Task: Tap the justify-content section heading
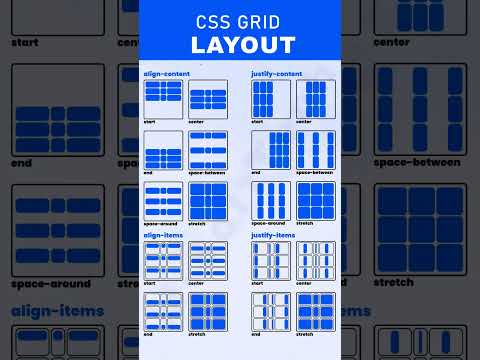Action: [277, 73]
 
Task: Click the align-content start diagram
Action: [163, 99]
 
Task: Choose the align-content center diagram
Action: [208, 99]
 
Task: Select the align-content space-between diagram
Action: [208, 150]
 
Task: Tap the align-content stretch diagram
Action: [208, 200]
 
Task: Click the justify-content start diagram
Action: [271, 99]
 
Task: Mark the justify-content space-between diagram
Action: [316, 150]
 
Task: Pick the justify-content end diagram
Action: [271, 150]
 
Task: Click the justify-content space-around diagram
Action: [271, 200]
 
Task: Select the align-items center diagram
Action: [208, 261]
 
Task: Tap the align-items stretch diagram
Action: [208, 312]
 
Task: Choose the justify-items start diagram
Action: [271, 261]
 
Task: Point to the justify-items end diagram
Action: [271, 312]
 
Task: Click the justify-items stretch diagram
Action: [316, 312]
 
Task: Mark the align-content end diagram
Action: [163, 150]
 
